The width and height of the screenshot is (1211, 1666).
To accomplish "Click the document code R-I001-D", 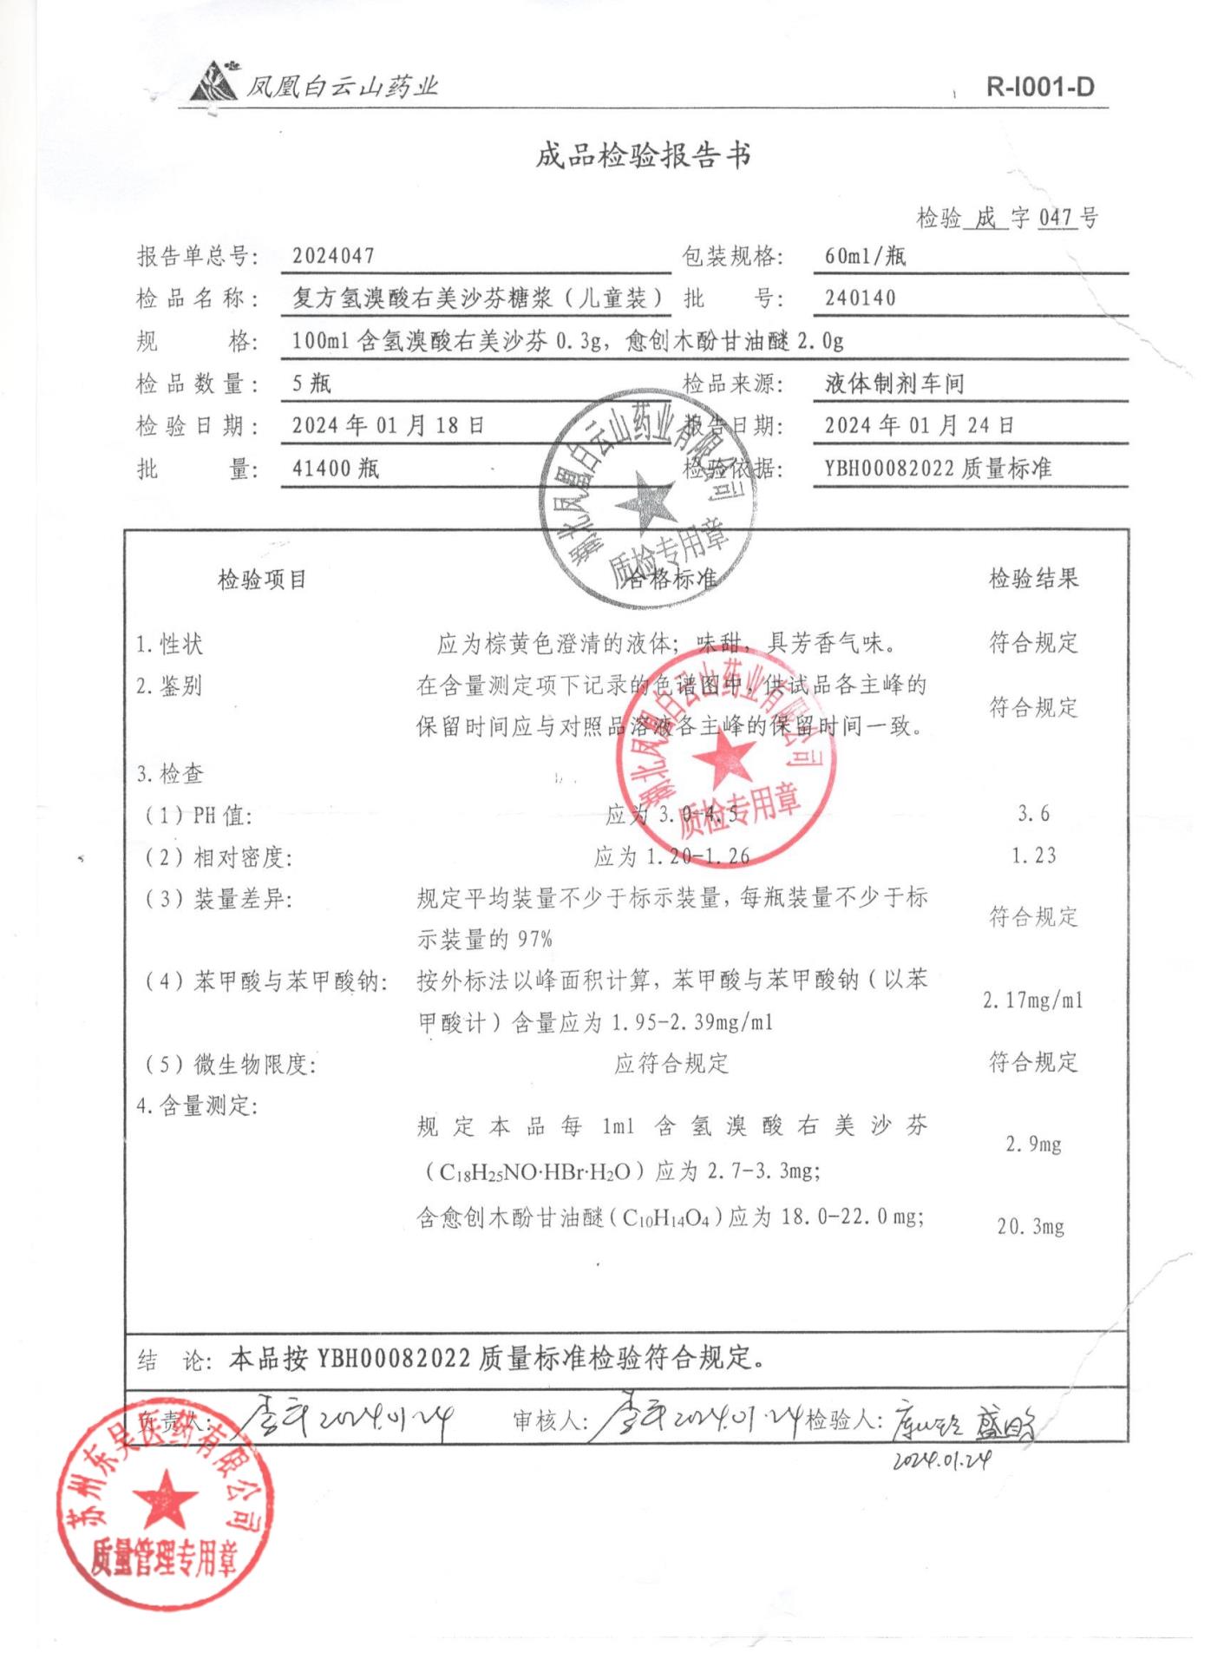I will coord(1039,87).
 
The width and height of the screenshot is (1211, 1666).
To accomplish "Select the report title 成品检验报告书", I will coord(642,156).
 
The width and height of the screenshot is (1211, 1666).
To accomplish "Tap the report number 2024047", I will coord(333,256).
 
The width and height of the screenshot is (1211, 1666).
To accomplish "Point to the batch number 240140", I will coord(860,298).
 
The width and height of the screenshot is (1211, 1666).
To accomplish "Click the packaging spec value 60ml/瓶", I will coord(865,256).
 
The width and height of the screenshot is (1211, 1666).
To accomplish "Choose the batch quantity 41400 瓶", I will coord(335,469).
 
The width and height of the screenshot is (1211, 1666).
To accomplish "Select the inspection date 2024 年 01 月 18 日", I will coord(388,426).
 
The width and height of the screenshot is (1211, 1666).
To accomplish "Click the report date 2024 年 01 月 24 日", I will coord(919,426).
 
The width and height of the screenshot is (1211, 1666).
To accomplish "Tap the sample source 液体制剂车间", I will coord(894,384).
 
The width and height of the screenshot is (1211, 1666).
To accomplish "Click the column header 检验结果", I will coord(1033,579).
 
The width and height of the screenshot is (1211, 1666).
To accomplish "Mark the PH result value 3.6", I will coord(1033,814).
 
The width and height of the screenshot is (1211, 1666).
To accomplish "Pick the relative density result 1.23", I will coord(1033,856).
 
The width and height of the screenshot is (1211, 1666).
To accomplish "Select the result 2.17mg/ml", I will coord(1032,1000).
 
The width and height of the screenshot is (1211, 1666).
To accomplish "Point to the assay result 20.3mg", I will coord(1031,1227).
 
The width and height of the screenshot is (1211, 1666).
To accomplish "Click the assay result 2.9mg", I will coord(1033,1145).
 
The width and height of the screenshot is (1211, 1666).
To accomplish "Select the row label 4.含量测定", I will coord(197,1106).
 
